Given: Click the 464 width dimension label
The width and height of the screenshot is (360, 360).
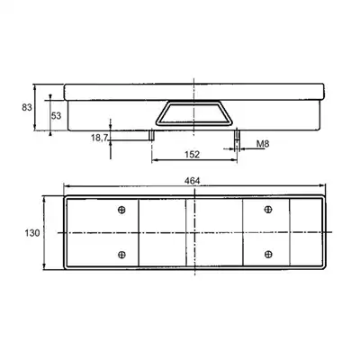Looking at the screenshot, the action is tap(193, 181).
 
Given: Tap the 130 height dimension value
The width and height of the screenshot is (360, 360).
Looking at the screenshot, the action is tap(32, 233).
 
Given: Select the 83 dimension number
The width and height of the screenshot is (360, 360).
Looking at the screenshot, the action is tap(27, 107).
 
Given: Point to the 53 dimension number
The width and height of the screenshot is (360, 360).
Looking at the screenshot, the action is tap(56, 115).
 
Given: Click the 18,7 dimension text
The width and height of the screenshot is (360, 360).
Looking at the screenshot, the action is tap(99, 138).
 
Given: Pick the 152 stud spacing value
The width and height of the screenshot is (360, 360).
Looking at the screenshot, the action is tap(193, 155).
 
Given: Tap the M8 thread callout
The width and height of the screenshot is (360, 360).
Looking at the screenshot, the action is tap(263, 144).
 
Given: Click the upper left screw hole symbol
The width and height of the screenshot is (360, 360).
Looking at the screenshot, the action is tap(121, 210).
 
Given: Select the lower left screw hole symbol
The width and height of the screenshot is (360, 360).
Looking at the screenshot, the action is tap(121, 255).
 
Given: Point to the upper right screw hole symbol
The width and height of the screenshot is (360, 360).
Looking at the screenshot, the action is tap(268, 210).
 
